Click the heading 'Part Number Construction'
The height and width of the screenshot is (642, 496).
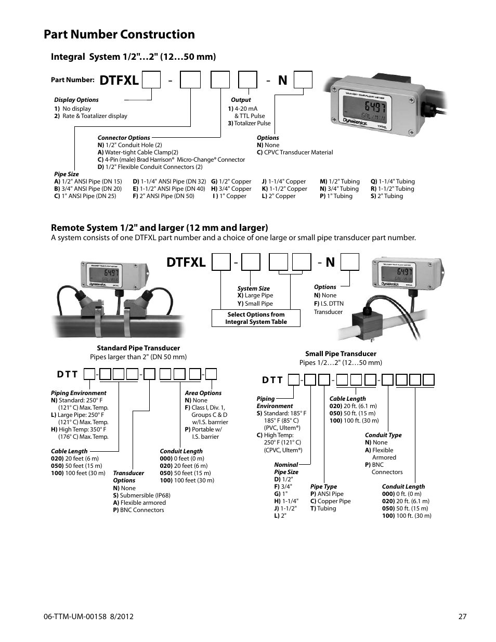(119, 34)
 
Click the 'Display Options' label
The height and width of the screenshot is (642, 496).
(76, 100)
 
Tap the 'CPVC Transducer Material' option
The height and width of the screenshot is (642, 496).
(295, 152)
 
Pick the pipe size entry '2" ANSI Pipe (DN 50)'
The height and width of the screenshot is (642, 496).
(163, 196)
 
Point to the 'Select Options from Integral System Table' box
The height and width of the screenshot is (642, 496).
(256, 318)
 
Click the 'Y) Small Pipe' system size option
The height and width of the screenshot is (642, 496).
(255, 304)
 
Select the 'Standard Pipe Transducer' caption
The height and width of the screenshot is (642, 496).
(138, 348)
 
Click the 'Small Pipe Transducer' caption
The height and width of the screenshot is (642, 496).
(341, 353)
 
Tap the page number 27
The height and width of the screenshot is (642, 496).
(462, 617)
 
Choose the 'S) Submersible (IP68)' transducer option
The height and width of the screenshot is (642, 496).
(141, 495)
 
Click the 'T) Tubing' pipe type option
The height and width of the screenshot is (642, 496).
(323, 508)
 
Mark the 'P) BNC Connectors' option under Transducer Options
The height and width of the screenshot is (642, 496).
(138, 510)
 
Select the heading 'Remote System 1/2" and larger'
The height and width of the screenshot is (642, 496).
(159, 227)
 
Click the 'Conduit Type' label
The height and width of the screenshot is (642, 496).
(383, 435)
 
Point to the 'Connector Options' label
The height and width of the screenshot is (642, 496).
(124, 138)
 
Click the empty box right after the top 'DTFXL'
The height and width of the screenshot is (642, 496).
(151, 80)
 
